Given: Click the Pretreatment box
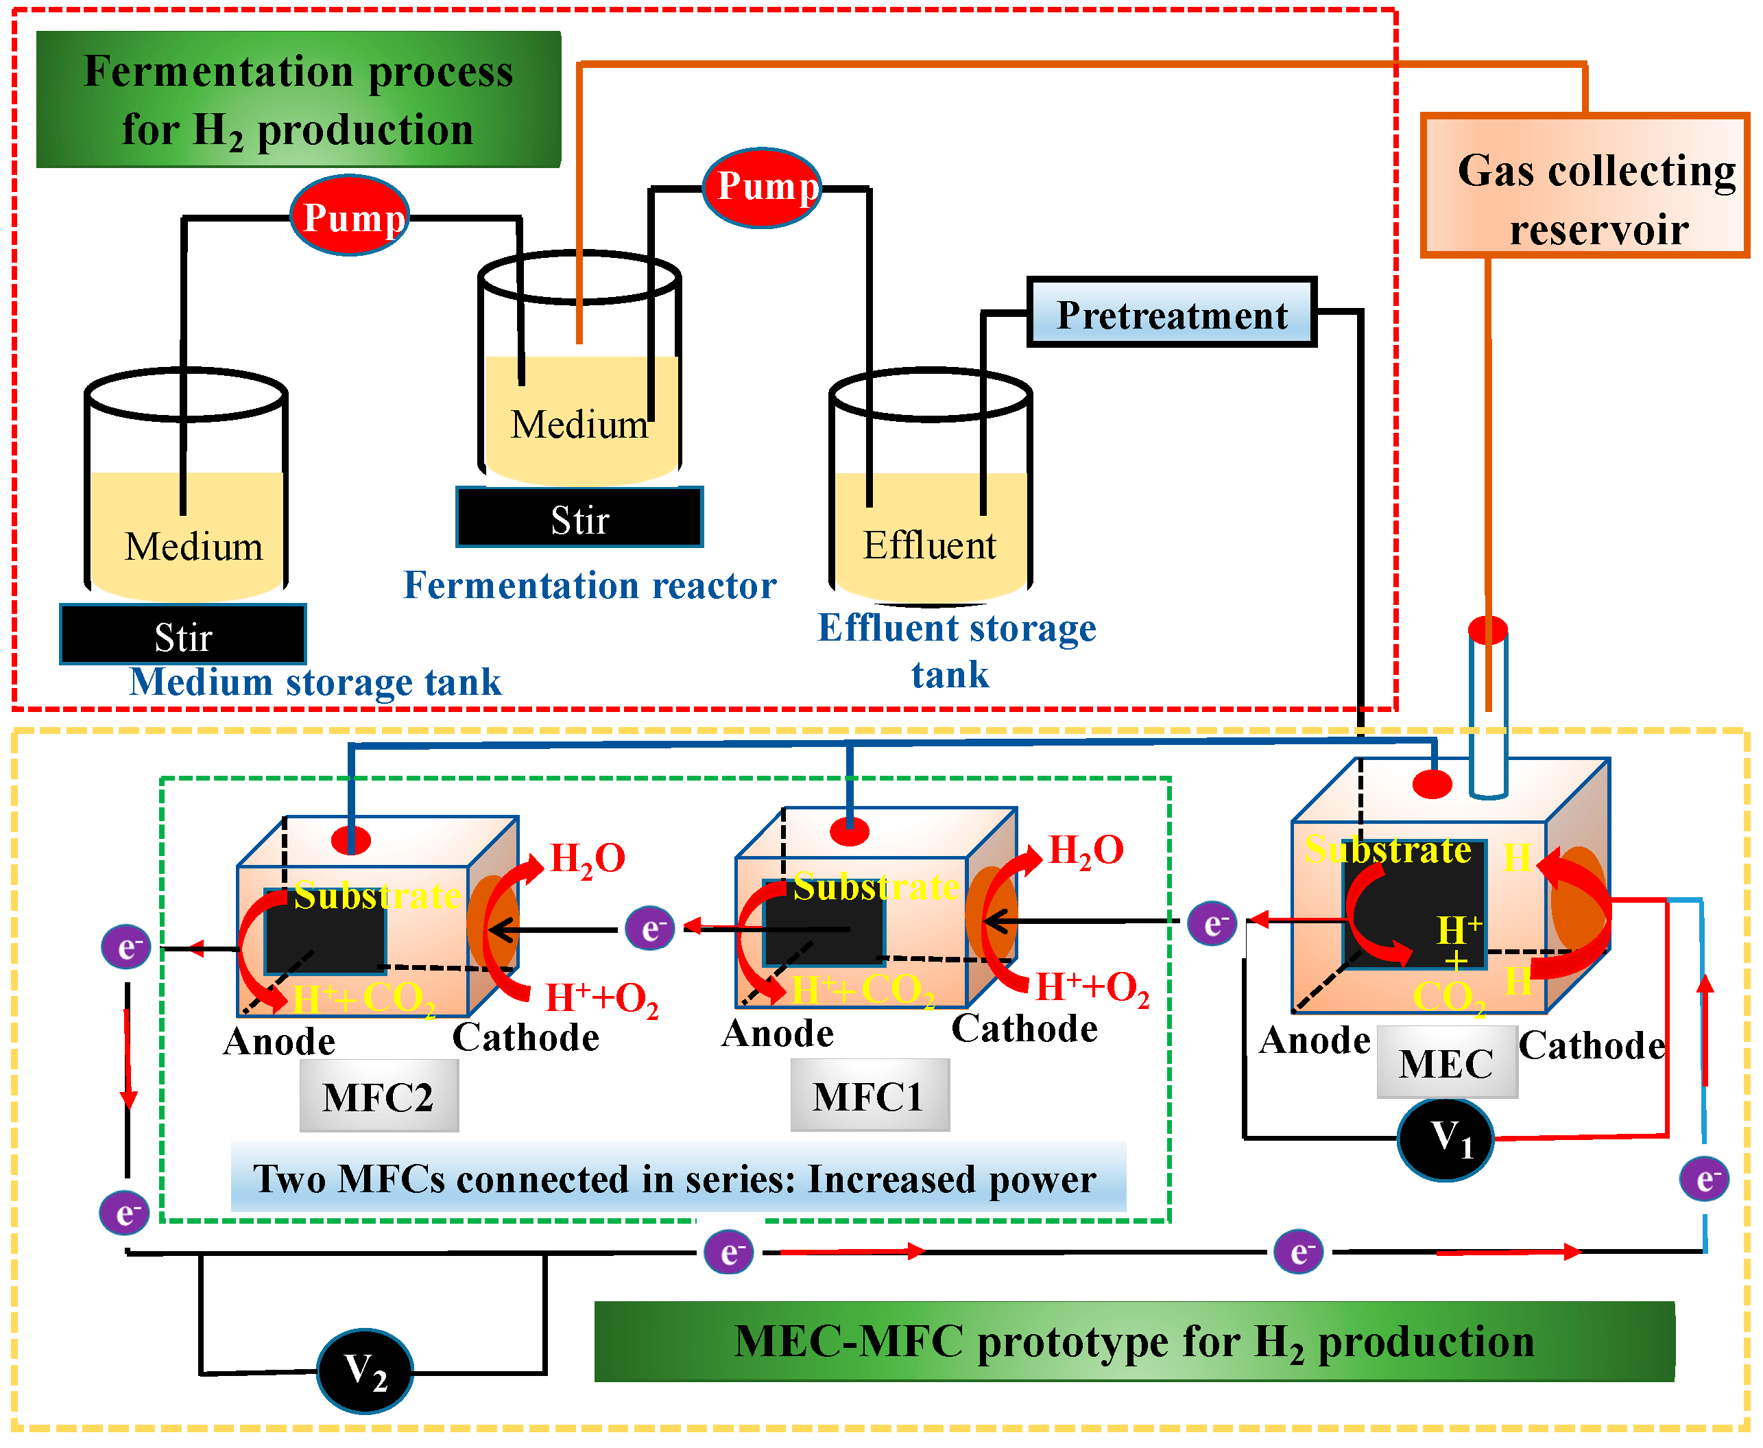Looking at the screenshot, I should tap(1171, 313).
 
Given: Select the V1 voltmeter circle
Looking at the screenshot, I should tap(1446, 1139).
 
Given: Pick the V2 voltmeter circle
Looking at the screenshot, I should tap(364, 1370).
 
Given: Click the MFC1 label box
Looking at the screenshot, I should tap(869, 1095).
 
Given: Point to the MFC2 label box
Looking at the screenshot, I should tap(379, 1096).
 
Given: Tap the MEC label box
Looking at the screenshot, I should tap(1446, 1063).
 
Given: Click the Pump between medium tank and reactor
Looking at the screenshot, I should tap(350, 216).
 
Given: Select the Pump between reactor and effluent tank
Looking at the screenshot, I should tap(763, 187).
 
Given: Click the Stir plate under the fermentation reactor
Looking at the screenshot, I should tap(579, 518).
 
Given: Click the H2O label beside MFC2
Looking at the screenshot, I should tap(587, 858).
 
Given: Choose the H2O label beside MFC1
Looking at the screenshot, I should tap(1085, 850).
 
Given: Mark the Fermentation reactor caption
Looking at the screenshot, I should tap(590, 584).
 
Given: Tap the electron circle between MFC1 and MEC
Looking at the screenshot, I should tap(1211, 923).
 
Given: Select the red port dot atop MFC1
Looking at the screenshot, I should tap(850, 831).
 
